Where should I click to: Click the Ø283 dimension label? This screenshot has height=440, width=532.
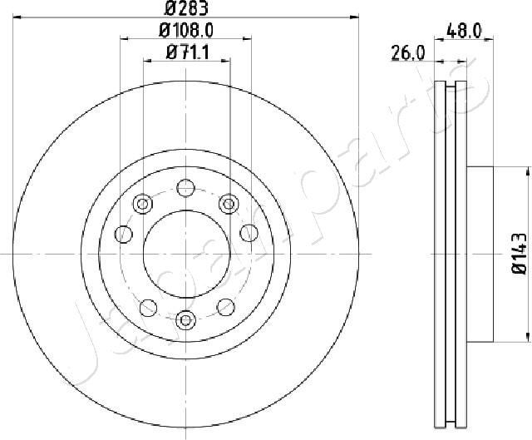tap(185, 9)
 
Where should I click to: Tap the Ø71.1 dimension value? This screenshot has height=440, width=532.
tap(185, 54)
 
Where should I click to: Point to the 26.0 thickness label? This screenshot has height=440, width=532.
tap(408, 54)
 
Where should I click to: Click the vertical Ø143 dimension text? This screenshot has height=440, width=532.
tap(516, 254)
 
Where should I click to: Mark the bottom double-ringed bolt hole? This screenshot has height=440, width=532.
tap(185, 318)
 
